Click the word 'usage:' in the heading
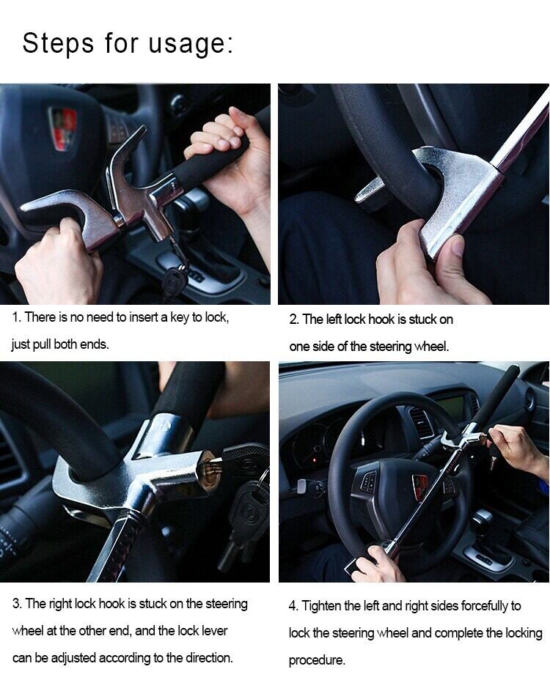point(191,44)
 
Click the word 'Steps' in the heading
point(58,42)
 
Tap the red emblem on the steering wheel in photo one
point(63,128)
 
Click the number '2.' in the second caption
point(294,319)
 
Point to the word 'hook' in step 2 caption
point(381,319)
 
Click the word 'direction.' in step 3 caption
point(209,658)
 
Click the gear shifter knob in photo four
point(481,517)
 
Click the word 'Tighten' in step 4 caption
point(321,606)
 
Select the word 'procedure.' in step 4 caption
point(317,660)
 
